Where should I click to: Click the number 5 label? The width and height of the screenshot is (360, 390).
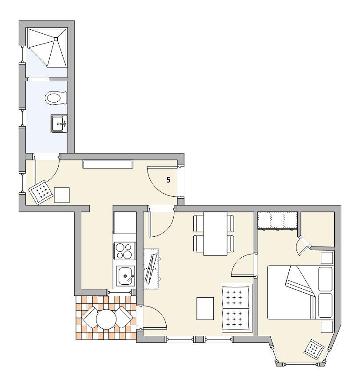[168, 180]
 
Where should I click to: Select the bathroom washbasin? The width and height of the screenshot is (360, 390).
[59, 123]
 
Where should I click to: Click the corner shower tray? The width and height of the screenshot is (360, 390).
[47, 47]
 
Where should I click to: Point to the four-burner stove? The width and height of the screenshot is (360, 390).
[125, 251]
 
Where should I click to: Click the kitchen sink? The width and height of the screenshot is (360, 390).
[126, 276]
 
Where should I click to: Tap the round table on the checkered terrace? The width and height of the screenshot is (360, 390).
[106, 319]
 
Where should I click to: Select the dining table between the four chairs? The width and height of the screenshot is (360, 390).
[215, 234]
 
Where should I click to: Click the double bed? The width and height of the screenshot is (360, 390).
[300, 292]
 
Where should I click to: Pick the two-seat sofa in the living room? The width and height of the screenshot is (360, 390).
[237, 308]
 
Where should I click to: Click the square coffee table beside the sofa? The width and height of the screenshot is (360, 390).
[205, 308]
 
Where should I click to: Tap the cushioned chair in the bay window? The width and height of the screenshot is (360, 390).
[314, 350]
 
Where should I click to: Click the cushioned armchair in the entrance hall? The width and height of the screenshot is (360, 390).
[41, 192]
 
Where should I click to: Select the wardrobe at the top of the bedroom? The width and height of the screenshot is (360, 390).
[277, 220]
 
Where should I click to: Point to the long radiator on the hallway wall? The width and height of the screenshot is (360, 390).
[108, 164]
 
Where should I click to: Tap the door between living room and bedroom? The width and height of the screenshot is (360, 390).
[243, 265]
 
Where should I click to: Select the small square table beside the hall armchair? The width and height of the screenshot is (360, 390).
[62, 195]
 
